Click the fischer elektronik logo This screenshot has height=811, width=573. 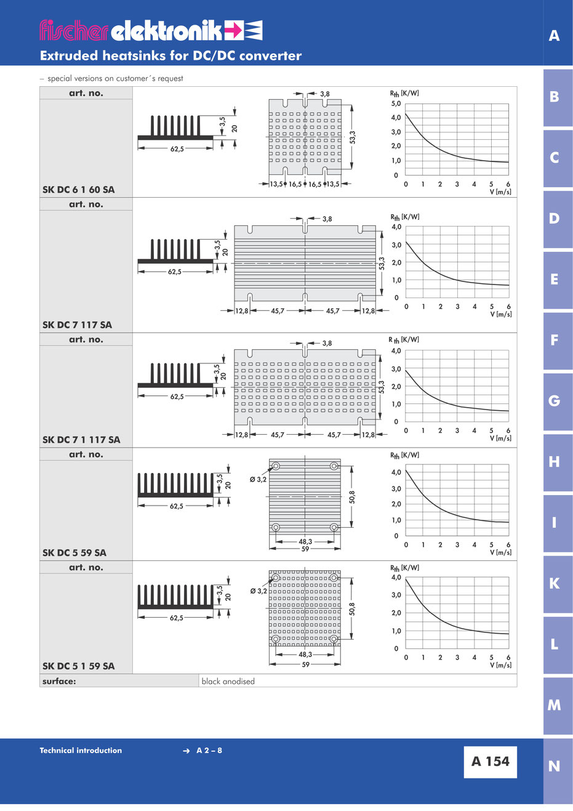point(151,30)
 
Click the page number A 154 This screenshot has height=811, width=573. point(490,761)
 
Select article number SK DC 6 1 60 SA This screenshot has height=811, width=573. point(79,190)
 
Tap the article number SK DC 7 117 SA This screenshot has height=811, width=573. point(77,325)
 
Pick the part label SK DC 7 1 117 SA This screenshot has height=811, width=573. point(81,440)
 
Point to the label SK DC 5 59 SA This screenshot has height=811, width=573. point(74,553)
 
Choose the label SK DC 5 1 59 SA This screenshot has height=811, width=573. point(79,666)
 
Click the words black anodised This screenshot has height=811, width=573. point(228,682)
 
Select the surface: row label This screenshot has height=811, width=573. point(59,682)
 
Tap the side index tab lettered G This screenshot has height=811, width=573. point(554,401)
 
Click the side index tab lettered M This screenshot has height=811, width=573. point(554,705)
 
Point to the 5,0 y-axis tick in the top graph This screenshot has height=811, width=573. point(396,103)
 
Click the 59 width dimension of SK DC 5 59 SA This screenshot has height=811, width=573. point(305,549)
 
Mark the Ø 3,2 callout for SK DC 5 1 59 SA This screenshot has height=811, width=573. point(258,591)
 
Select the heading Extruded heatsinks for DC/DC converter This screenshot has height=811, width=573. point(170,56)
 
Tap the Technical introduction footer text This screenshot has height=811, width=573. point(81,750)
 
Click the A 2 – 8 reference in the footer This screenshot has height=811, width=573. point(209,751)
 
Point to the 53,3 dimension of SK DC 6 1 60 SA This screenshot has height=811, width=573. point(352,137)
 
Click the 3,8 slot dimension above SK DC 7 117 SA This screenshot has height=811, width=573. point(327,219)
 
